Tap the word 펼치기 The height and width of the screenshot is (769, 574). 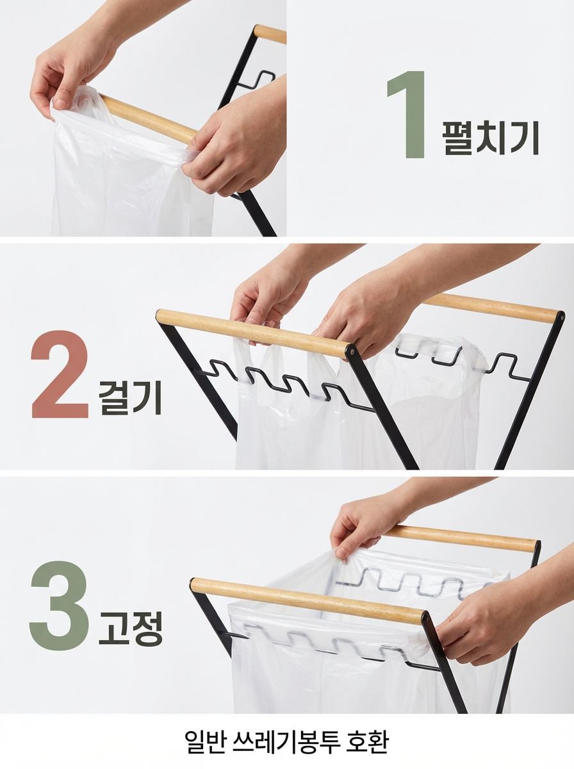pyautogui.click(x=491, y=138)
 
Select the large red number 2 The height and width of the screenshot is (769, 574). pyautogui.click(x=60, y=374)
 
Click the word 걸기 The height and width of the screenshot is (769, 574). pyautogui.click(x=130, y=398)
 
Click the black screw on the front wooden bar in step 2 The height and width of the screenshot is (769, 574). pyautogui.click(x=352, y=350)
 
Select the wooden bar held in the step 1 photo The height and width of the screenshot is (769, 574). pyautogui.click(x=147, y=119)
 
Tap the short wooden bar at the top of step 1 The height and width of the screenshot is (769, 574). pyautogui.click(x=270, y=34)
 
